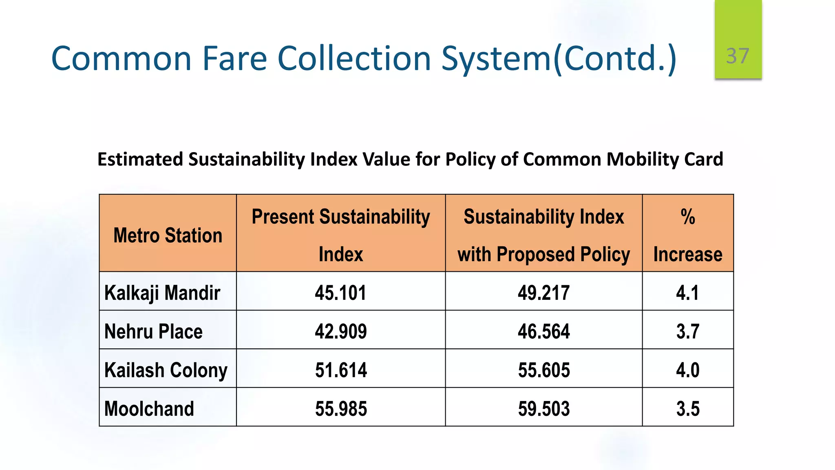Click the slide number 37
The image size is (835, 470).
(738, 56)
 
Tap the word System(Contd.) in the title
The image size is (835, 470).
(559, 58)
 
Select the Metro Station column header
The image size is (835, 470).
(168, 235)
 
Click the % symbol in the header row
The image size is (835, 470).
(687, 217)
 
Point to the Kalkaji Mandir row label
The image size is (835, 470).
(162, 293)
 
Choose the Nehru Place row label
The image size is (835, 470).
(153, 331)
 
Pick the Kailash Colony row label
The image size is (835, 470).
(166, 370)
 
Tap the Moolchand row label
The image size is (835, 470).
(149, 409)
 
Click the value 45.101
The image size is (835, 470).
(340, 293)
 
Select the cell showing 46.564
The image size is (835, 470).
(543, 331)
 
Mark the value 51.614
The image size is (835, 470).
(340, 370)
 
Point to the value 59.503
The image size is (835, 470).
(543, 409)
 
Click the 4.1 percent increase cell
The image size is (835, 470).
(687, 293)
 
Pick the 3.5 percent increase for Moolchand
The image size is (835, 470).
(687, 409)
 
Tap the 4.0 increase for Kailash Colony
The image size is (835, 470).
(687, 370)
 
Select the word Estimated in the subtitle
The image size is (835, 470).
(140, 160)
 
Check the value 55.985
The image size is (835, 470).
(340, 409)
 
